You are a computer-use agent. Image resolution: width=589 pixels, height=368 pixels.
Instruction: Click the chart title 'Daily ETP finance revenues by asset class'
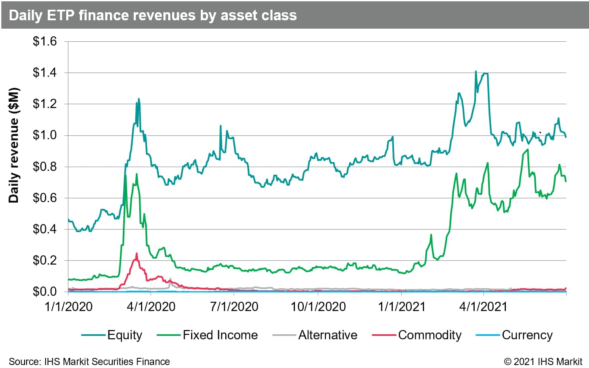(153, 15)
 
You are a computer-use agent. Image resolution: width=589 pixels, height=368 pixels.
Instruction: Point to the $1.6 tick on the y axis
(45, 42)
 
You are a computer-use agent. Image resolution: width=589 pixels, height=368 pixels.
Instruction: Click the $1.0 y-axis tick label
(45, 135)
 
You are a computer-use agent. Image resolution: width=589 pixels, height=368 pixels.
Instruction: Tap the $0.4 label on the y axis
(45, 229)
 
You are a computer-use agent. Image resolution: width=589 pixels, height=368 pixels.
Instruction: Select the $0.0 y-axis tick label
(45, 292)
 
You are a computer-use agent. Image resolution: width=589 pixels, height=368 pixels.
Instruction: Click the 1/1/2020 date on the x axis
(68, 306)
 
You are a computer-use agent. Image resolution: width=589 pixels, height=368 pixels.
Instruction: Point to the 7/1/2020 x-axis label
(235, 306)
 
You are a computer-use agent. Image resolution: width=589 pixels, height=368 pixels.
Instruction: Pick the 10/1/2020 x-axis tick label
(318, 306)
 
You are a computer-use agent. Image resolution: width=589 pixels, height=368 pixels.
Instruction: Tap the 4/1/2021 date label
(483, 306)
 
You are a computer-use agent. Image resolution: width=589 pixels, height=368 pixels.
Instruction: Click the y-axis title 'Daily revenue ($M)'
(14, 146)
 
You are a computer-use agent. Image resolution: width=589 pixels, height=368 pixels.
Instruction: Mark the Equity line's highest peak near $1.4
(476, 72)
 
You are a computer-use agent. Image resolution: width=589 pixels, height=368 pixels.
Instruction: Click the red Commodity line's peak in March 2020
(137, 254)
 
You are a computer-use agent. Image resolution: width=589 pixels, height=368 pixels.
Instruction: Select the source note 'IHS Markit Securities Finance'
(89, 362)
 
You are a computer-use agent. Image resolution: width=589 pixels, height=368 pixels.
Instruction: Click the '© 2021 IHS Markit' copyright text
(543, 362)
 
